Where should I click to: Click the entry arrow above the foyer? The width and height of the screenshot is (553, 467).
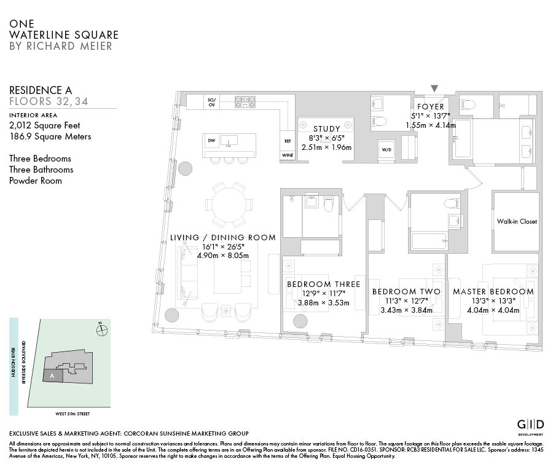[434, 88]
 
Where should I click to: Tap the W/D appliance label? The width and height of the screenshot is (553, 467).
[386, 149]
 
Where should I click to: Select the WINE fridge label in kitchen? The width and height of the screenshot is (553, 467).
[288, 155]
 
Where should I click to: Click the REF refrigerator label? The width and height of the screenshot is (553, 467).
[288, 141]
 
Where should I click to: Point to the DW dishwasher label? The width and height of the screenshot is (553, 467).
[211, 140]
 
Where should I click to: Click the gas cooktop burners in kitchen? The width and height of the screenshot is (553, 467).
[245, 102]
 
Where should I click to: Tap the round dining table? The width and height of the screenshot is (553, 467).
[229, 205]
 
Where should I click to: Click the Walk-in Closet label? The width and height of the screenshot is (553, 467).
[517, 221]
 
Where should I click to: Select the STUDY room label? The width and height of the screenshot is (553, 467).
[327, 129]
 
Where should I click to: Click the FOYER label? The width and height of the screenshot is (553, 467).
[431, 106]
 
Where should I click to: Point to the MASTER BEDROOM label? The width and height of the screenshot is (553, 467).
[493, 292]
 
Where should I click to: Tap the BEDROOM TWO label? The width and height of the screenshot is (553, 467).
[406, 292]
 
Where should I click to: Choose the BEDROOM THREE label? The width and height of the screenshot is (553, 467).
[323, 285]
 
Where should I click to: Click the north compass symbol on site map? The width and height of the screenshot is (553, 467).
[101, 330]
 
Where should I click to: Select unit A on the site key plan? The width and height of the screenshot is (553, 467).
[53, 375]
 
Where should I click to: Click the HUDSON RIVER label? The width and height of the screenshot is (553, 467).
[14, 363]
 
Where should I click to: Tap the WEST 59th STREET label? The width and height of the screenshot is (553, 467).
[73, 414]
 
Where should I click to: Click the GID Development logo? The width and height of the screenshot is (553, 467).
[530, 427]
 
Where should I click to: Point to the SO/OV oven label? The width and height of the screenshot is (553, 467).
[211, 102]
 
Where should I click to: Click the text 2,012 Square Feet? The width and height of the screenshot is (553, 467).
[45, 125]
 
